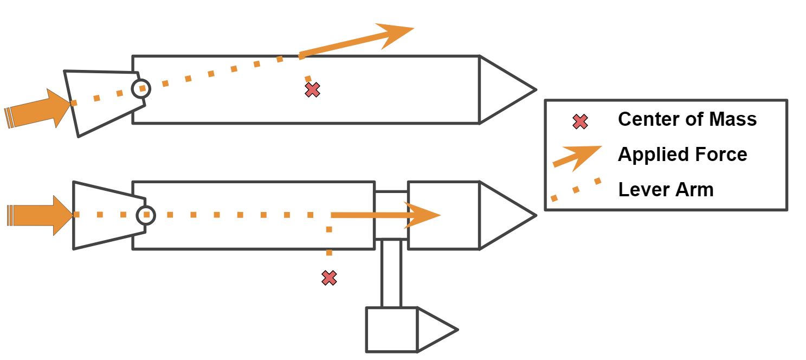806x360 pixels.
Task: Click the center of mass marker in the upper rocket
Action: [312, 90]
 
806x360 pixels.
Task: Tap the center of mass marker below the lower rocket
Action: [329, 278]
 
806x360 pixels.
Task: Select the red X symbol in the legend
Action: [580, 122]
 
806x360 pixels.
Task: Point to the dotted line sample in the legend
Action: [576, 190]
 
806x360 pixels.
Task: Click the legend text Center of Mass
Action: [687, 119]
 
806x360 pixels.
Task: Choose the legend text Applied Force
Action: [682, 155]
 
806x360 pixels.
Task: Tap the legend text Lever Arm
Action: [666, 190]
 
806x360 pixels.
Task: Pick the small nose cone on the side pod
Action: [434, 329]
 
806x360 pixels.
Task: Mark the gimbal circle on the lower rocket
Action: [145, 215]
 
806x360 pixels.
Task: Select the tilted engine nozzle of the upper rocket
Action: [103, 102]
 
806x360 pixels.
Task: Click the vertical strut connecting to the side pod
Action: [391, 273]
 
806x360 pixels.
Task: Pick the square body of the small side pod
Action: [391, 329]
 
